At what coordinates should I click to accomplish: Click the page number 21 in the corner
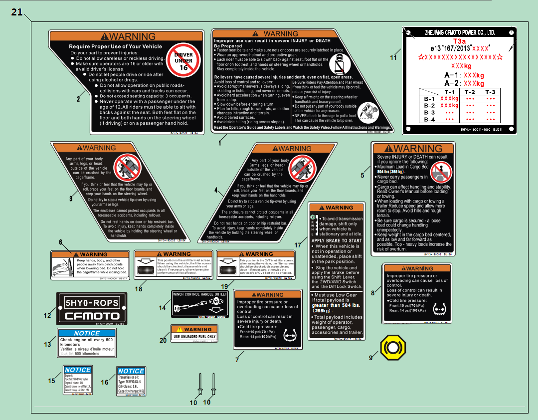(17, 12)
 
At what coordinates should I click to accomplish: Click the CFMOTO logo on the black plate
(92, 316)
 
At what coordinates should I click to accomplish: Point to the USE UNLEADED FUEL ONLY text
(194, 337)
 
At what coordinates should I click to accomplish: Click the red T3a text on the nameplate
(459, 41)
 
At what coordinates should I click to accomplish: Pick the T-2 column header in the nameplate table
(470, 92)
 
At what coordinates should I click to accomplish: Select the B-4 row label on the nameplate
(429, 120)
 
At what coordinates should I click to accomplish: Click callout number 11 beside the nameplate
(393, 57)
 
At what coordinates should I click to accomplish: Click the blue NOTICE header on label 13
(87, 333)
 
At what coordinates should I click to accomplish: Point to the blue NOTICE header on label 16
(131, 371)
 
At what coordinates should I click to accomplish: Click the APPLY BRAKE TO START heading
(337, 240)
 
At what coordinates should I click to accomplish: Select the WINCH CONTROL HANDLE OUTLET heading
(199, 294)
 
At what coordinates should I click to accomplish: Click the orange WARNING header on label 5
(413, 149)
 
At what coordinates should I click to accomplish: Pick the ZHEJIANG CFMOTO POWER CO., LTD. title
(459, 32)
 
